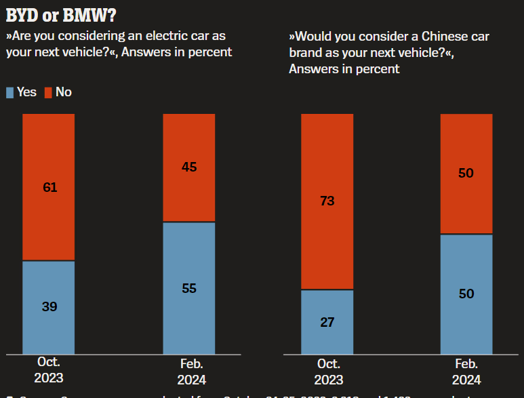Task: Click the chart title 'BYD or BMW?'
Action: [60, 14]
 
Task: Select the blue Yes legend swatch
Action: [9, 92]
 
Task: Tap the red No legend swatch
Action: [48, 92]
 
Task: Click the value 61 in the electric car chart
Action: [49, 187]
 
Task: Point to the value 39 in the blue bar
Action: [49, 306]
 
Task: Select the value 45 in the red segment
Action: [189, 167]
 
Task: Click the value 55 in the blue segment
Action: [189, 288]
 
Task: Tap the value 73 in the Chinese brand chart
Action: [327, 201]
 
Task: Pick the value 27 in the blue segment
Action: [327, 321]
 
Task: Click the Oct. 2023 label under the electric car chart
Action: [49, 370]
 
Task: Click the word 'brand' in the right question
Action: [305, 52]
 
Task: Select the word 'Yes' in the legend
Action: [26, 92]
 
